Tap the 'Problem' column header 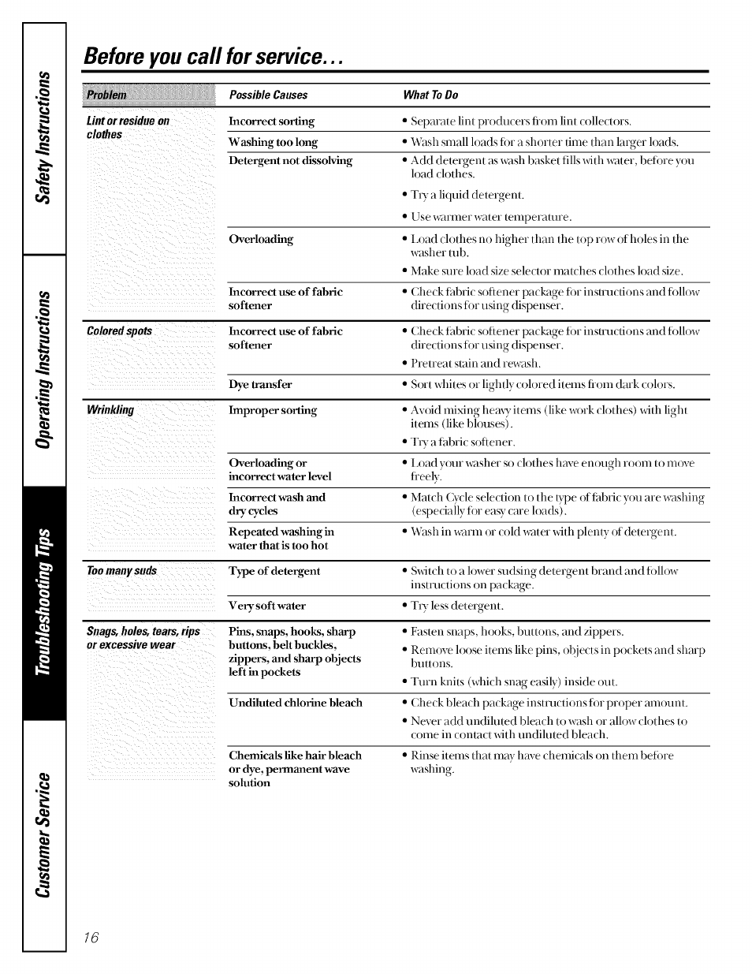pos(106,95)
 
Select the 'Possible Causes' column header pos(268,95)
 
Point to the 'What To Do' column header pos(430,95)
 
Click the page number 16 pos(91,937)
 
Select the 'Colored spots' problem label pos(119,331)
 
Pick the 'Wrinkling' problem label pos(110,410)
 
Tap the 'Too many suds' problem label pos(121,571)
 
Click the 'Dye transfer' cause pos(260,385)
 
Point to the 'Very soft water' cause pos(267,606)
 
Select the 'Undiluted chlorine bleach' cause pos(296,703)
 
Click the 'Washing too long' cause pos(273,143)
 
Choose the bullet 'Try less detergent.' pos(456,606)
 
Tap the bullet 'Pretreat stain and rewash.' pos(475,364)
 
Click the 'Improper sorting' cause pos(273,411)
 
